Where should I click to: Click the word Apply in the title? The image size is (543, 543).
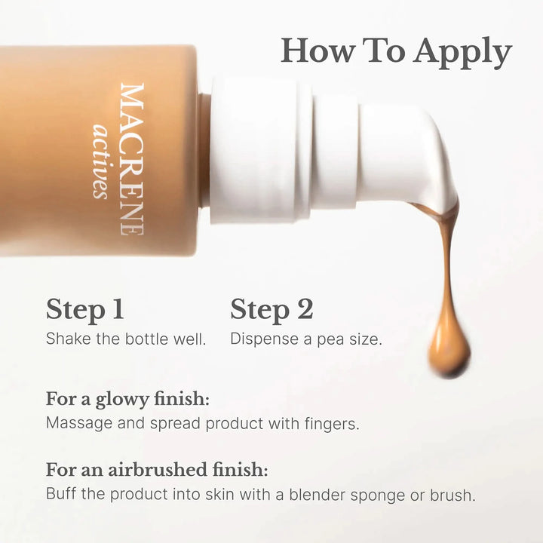click(x=462, y=53)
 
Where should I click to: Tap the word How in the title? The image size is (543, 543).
click(x=318, y=51)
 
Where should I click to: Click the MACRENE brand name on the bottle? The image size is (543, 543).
click(x=132, y=159)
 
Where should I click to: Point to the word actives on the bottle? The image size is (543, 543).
click(x=100, y=161)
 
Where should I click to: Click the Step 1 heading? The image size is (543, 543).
click(x=84, y=310)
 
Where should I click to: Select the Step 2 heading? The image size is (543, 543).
click(x=271, y=310)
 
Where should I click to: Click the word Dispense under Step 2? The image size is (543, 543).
click(x=264, y=339)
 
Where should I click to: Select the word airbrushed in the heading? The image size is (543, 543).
click(x=158, y=470)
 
